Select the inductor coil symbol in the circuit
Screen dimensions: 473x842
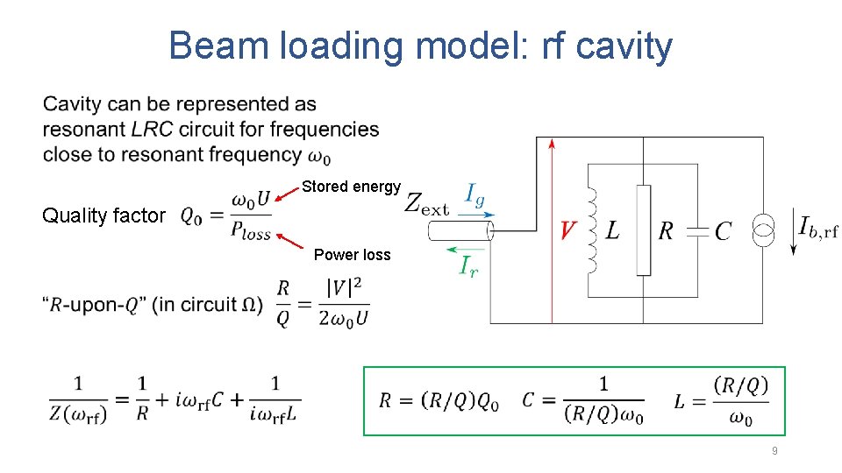coord(593,229)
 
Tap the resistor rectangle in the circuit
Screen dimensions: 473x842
coord(644,229)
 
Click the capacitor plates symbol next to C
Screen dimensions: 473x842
coord(697,230)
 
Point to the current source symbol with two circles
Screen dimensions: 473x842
coord(763,229)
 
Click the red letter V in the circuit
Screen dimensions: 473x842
coord(568,230)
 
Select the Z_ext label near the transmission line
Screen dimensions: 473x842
coord(427,204)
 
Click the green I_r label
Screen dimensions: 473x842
coord(469,265)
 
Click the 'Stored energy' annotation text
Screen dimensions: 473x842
coord(351,187)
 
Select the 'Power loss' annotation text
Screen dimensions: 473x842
coord(353,255)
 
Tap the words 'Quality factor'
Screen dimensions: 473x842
coord(103,215)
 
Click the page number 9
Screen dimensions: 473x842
coord(774,450)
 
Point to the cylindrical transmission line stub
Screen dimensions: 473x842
coord(460,230)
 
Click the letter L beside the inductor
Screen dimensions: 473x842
coord(612,230)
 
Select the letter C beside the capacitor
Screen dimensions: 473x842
coord(723,231)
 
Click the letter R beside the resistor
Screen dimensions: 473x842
coord(666,231)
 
